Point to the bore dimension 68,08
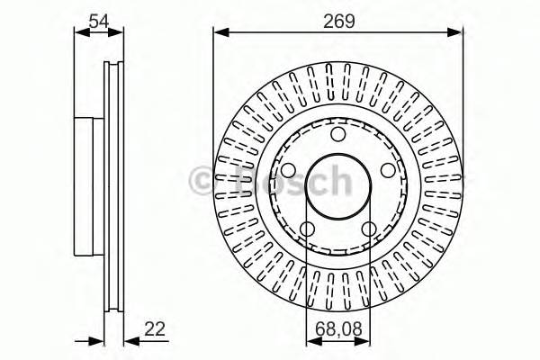(x=338, y=331)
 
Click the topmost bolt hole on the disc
(x=338, y=135)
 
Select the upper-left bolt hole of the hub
(x=288, y=171)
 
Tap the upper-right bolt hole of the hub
(x=388, y=171)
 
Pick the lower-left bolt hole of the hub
(x=307, y=229)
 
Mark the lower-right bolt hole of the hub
(x=369, y=229)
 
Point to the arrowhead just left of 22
(x=128, y=340)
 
